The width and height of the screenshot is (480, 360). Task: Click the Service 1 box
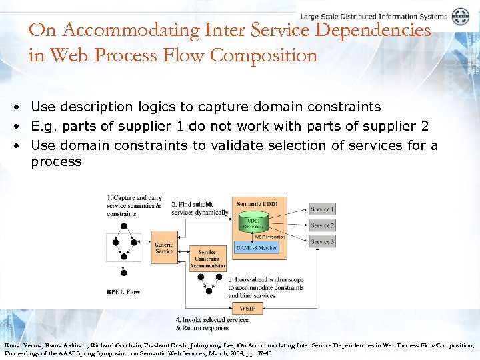[323, 209]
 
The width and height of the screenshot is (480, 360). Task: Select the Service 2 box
[323, 225]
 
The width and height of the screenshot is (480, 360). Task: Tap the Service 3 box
[323, 241]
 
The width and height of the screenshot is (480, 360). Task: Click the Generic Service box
[164, 247]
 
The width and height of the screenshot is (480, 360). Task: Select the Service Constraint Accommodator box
[207, 259]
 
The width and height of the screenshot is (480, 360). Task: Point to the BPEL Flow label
[124, 291]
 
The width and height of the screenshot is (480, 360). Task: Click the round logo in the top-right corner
[460, 17]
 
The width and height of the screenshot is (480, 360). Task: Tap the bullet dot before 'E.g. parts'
[22, 126]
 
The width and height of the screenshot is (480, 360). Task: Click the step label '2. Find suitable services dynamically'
[200, 208]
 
